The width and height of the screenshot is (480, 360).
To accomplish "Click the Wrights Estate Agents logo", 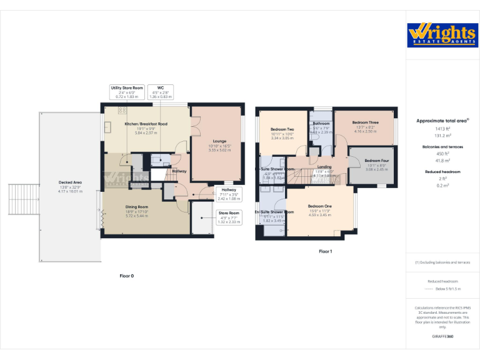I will (441, 34).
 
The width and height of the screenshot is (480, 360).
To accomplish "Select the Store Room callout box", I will (229, 217).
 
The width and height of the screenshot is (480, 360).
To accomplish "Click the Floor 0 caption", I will (127, 276).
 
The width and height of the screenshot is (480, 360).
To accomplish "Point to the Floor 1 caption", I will (325, 251).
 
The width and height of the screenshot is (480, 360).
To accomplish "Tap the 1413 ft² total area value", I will (442, 128).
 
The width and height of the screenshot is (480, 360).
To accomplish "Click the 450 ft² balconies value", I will (442, 154).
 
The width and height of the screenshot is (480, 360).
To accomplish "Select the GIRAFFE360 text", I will (442, 336).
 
